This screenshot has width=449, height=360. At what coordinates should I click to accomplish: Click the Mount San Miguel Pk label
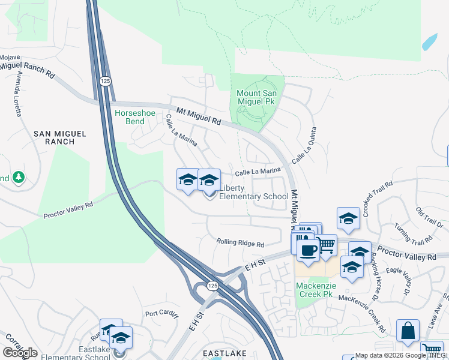256,98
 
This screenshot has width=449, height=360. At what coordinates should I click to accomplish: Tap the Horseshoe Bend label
130,116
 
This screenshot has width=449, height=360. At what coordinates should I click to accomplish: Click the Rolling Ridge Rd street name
240,244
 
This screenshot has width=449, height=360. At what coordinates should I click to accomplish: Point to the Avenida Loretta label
19,93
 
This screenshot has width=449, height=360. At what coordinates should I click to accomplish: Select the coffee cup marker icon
308,251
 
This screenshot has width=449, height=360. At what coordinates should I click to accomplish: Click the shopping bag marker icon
408,331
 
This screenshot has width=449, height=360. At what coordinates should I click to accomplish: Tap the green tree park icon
19,177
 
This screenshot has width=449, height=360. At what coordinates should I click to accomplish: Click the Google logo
20,353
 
